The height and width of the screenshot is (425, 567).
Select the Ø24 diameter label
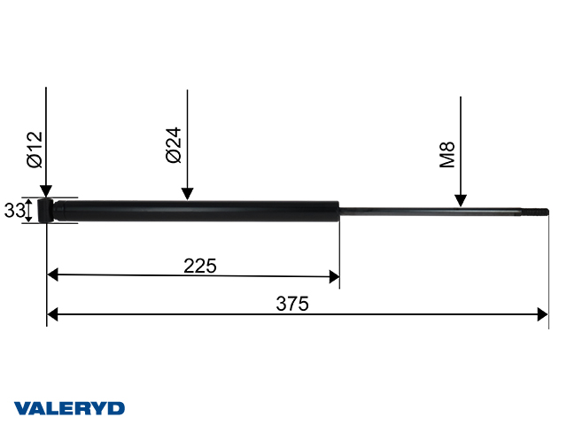174,144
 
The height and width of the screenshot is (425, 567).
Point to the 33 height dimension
13,211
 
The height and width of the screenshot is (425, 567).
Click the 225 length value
200,264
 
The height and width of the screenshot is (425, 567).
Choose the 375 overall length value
291,304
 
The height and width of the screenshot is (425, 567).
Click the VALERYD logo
70,408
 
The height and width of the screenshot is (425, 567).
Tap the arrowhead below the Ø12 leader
46,192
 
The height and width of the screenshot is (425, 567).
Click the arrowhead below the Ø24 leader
187,192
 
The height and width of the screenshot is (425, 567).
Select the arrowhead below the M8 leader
461,201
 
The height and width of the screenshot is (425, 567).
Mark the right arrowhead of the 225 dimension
333,276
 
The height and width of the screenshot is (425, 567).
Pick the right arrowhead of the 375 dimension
543,314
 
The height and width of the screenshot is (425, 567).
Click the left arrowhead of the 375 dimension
52,314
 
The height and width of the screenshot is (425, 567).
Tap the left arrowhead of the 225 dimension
52,275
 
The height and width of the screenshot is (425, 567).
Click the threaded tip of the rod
541,212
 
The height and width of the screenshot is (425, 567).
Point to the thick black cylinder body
204,211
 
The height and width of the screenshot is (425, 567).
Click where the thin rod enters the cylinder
340,211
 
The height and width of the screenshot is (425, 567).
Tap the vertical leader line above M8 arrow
461,133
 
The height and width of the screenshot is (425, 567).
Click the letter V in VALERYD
22,408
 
